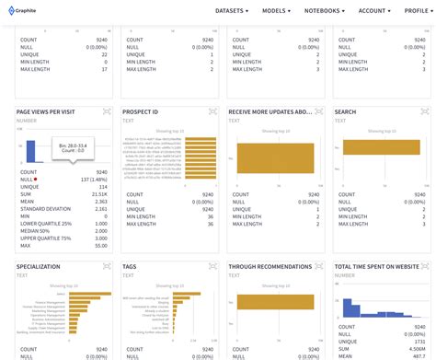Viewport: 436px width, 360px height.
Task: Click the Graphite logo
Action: [24, 11]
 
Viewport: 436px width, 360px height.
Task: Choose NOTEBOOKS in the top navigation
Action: [327, 11]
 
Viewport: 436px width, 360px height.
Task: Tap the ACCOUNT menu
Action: [375, 11]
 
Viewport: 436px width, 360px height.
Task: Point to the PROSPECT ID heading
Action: [140, 112]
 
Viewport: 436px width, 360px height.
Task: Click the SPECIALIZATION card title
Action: [39, 267]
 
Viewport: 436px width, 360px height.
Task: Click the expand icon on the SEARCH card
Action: [427, 111]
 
